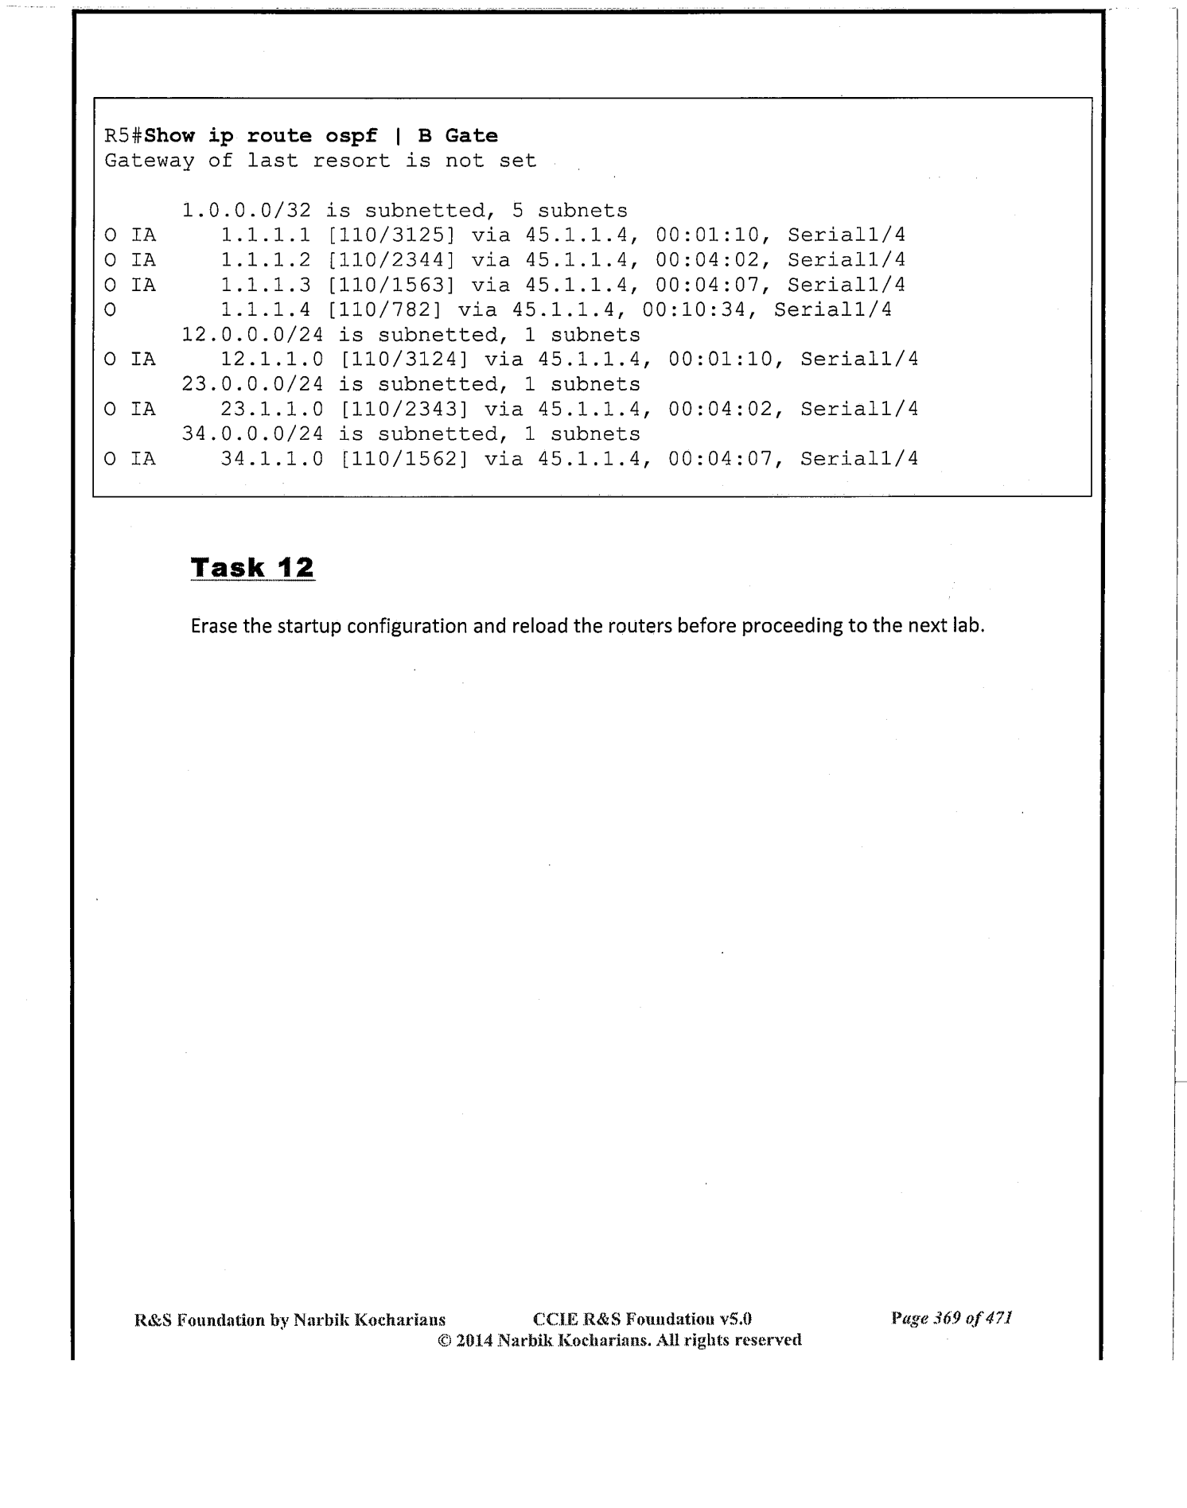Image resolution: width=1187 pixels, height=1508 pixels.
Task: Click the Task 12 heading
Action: (x=253, y=568)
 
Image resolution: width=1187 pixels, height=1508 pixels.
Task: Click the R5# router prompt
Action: (x=123, y=136)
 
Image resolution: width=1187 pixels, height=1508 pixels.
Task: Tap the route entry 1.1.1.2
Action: (x=266, y=260)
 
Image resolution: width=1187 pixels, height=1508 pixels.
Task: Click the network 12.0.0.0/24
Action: (x=252, y=335)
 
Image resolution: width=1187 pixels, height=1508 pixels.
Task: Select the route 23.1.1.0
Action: (x=272, y=409)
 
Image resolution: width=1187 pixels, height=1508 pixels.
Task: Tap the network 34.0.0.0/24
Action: (x=252, y=433)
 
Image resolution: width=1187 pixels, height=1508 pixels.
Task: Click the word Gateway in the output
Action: (x=149, y=161)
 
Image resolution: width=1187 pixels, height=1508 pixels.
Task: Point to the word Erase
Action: (x=214, y=626)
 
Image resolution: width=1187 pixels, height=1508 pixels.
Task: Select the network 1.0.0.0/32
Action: (x=246, y=211)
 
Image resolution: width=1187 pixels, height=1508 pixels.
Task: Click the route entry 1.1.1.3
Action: (x=266, y=285)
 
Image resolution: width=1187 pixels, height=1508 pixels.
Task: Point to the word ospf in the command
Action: (x=351, y=136)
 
